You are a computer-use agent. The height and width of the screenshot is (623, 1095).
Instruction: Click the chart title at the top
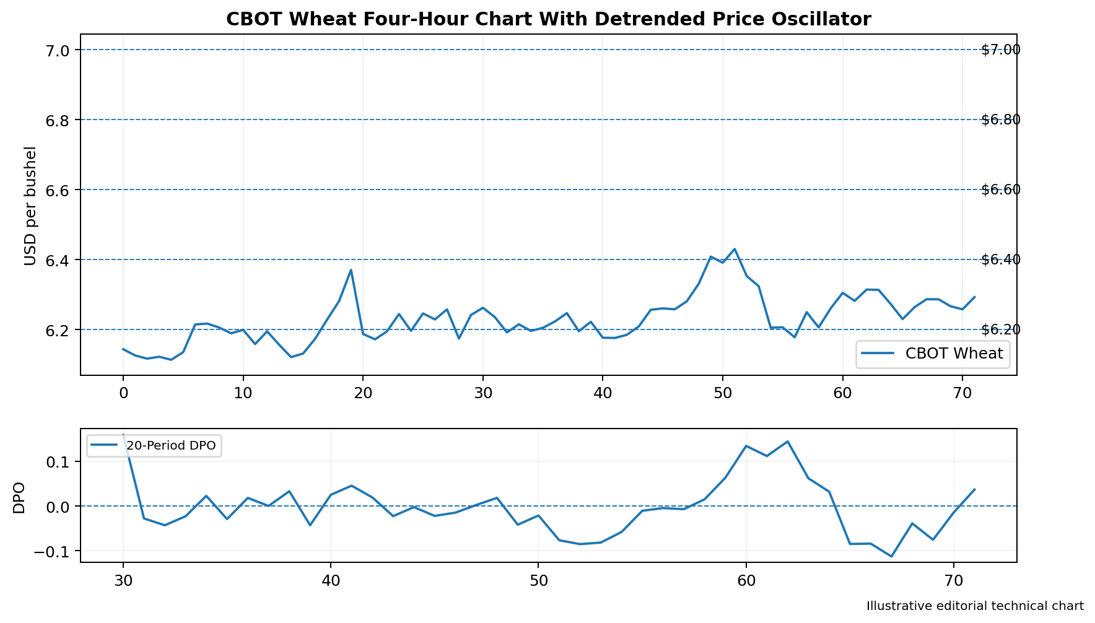click(x=548, y=19)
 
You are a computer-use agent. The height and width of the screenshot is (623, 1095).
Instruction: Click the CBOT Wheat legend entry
click(x=933, y=354)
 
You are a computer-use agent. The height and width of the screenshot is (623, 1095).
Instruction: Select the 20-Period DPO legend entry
click(x=154, y=445)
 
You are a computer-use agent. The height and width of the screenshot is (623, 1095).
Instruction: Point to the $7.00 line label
click(x=1001, y=50)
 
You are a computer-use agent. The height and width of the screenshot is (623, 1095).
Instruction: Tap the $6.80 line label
click(x=1001, y=120)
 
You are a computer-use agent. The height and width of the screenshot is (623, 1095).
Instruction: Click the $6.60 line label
click(x=1001, y=190)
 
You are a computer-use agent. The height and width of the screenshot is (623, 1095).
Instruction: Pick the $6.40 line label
click(x=1001, y=259)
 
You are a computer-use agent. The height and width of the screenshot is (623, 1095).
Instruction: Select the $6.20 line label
click(x=1001, y=329)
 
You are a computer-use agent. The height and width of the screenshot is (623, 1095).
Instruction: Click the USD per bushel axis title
click(x=30, y=206)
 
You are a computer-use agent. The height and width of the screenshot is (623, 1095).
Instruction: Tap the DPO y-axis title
click(x=19, y=498)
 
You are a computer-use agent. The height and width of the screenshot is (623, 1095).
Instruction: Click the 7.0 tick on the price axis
click(x=58, y=50)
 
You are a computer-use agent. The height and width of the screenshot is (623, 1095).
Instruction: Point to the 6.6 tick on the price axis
click(x=58, y=190)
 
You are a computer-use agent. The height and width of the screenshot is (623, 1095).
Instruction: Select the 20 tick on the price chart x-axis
click(x=363, y=392)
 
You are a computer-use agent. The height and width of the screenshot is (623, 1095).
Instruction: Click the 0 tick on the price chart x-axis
click(x=123, y=392)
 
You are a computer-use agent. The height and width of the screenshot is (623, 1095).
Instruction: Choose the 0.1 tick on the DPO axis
click(x=58, y=462)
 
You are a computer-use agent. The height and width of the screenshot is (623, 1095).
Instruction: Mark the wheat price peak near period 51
click(x=735, y=249)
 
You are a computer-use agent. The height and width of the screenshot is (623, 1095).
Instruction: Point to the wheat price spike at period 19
click(x=351, y=270)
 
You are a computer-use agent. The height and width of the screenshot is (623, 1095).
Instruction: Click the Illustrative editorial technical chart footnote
click(x=975, y=606)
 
